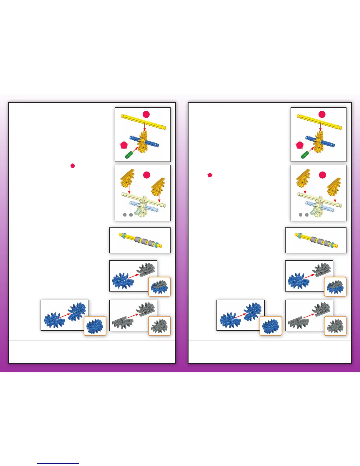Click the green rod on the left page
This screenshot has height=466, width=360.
click(129, 154)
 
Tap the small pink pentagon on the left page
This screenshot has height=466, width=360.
click(73, 166)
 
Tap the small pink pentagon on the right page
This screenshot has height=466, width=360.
click(210, 175)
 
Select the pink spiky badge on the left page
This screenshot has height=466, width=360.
click(124, 145)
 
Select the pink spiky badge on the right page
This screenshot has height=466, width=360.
click(300, 145)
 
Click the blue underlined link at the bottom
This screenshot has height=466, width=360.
click(58, 463)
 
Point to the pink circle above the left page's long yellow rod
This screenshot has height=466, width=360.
click(146, 114)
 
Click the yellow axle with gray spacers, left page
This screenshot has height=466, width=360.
click(140, 240)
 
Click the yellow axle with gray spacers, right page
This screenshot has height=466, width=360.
click(316, 240)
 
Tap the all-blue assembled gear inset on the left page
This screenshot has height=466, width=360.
click(95, 326)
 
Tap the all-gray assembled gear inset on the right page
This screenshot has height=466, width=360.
click(335, 326)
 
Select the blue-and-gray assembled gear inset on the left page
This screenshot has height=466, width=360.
click(159, 287)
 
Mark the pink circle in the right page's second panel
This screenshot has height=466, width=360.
click(323, 175)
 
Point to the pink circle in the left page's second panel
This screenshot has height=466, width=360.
click(147, 175)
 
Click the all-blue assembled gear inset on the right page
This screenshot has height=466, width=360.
click(271, 326)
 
